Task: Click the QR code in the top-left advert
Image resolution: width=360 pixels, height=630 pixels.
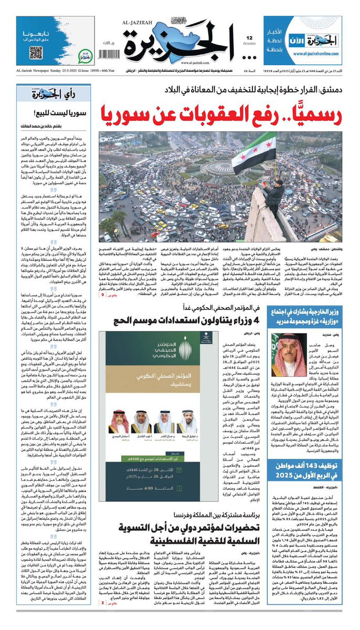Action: (36, 52)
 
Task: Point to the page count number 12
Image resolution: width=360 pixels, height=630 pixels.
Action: (249, 38)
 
